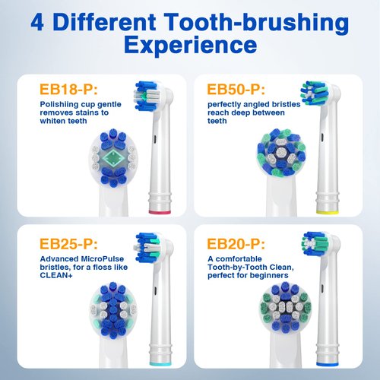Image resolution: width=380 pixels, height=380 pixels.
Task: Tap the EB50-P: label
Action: (235, 89)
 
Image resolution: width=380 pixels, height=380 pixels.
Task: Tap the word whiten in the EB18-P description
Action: (49, 122)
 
